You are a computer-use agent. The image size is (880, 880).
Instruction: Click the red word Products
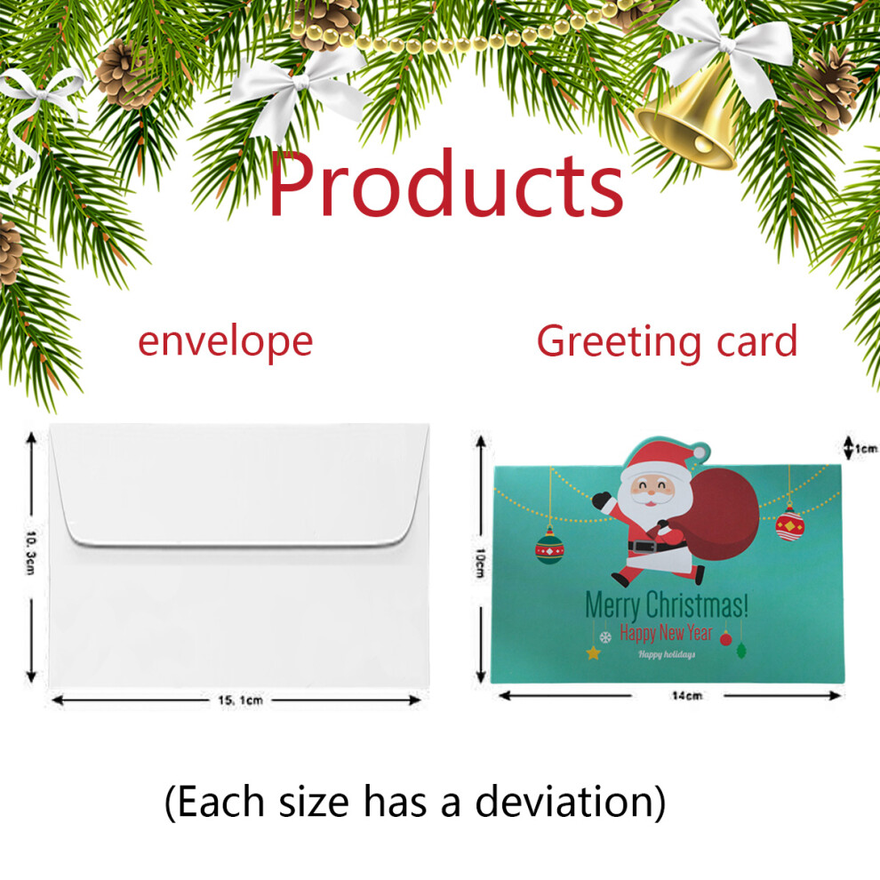point(446,184)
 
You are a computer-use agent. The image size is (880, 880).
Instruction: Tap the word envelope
point(226,342)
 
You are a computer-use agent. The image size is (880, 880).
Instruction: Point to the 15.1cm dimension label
point(240,700)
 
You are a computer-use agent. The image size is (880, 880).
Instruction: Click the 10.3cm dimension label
point(31,553)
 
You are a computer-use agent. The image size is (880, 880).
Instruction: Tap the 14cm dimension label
point(687,696)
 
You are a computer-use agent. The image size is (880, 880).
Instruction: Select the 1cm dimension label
point(866,448)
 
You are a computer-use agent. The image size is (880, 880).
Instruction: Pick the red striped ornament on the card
point(790,524)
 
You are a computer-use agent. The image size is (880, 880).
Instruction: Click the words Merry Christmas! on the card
point(667,605)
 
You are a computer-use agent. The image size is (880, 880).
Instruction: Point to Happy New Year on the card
point(666,633)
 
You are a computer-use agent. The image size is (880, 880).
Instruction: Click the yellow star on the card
point(593,652)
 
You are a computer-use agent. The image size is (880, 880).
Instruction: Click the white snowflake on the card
point(605,637)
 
